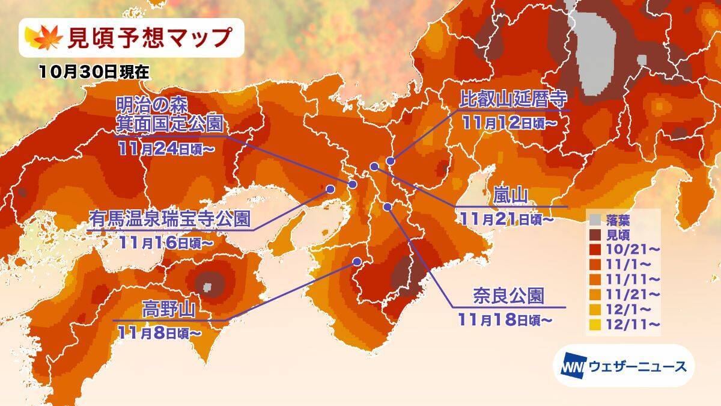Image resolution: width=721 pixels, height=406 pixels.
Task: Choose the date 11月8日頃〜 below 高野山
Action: (x=160, y=331)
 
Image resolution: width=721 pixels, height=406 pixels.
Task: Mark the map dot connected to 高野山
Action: (x=357, y=262)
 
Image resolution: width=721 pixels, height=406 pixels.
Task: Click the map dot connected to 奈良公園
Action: (x=388, y=207)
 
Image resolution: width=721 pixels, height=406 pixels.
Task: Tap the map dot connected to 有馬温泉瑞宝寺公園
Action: (x=330, y=188)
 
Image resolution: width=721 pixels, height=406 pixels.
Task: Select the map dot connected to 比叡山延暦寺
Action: (x=391, y=161)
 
